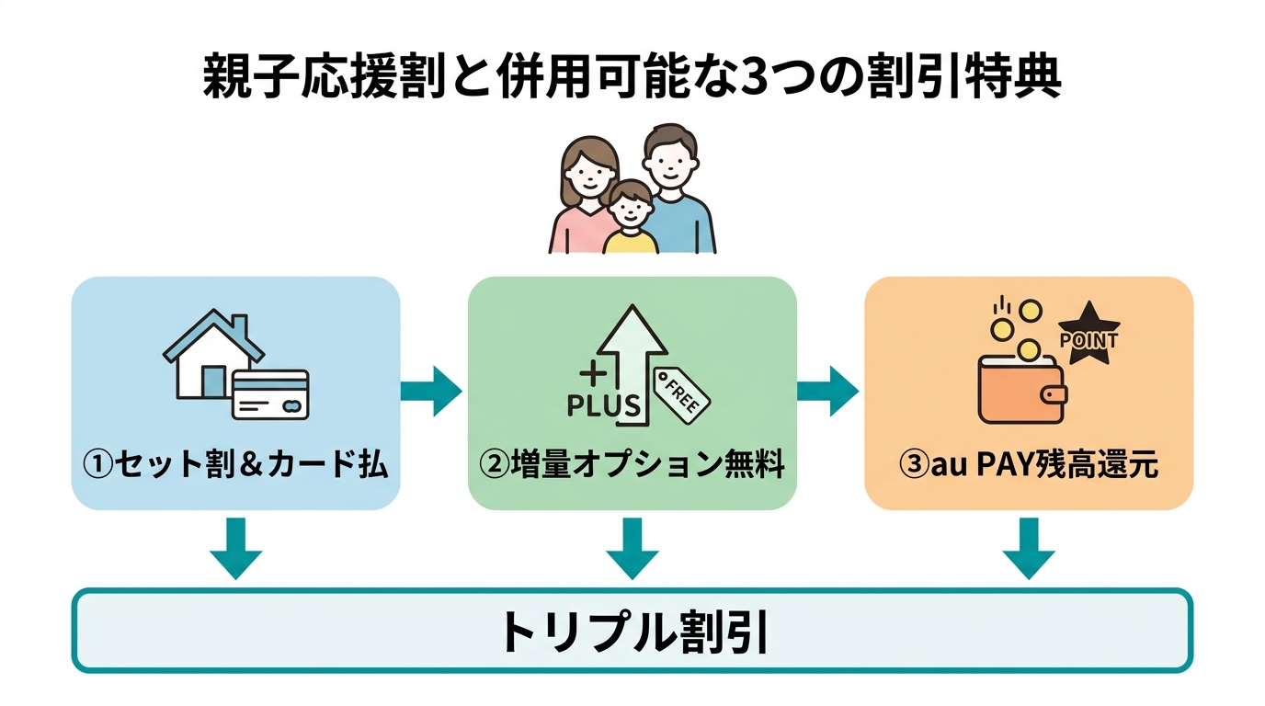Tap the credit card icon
click(270, 394)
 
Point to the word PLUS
click(602, 405)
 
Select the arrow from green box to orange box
click(828, 391)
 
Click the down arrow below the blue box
click(235, 548)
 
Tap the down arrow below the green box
click(632, 548)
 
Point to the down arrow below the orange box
click(1029, 548)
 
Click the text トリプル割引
click(632, 631)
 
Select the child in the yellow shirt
click(630, 221)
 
